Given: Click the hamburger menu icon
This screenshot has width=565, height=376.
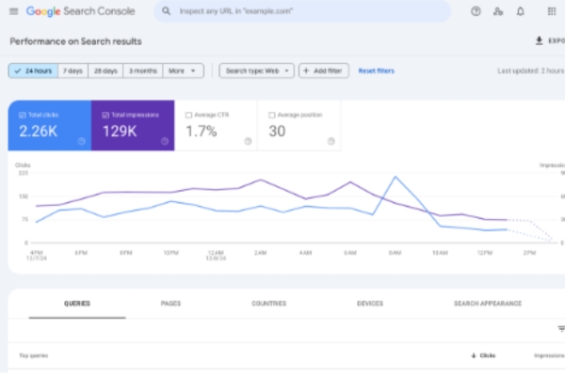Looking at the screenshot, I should tap(13, 11).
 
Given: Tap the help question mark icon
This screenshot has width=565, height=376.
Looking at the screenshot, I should tap(475, 11).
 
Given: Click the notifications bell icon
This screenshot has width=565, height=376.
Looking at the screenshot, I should tap(521, 11).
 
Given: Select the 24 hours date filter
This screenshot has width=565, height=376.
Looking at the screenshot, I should tap(33, 70).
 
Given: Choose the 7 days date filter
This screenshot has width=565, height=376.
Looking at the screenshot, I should tap(73, 70).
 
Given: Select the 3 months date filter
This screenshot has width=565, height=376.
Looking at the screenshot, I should tap(142, 70).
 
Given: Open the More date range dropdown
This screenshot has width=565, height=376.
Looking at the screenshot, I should tap(183, 70).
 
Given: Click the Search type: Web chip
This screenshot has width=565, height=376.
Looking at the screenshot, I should tap(256, 70).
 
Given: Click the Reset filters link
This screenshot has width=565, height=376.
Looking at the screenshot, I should tap(376, 70).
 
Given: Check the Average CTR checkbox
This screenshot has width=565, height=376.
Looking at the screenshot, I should tap(189, 115).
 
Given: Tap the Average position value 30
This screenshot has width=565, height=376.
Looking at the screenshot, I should tap(277, 131).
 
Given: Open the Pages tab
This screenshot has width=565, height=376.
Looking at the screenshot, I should tap(170, 304).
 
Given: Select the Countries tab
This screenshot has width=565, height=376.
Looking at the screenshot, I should tap(269, 304).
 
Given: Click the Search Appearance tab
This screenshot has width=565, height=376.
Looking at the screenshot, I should tap(487, 304).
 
